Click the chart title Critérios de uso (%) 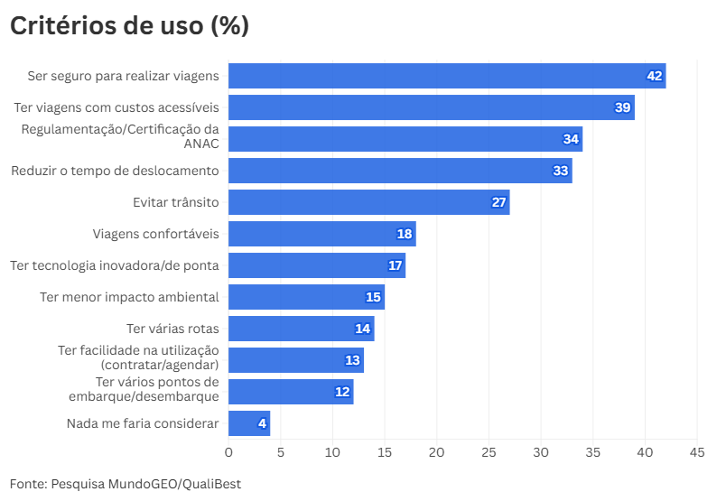pos(129,26)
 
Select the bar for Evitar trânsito pos(368,202)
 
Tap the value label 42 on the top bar pos(655,76)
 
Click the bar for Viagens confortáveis pos(321,234)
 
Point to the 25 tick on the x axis pos(489,450)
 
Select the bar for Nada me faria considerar pos(248,423)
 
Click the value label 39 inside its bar pos(622,107)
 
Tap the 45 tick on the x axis pos(697,450)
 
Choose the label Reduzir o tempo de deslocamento pos(115,171)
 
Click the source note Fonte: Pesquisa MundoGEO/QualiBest pos(126,484)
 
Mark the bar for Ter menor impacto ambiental pos(306,297)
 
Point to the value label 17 pos(395,265)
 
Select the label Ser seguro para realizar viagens pos(123,76)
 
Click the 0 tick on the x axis pos(228,450)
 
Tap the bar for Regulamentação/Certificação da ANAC pos(405,139)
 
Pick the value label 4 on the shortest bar pos(262,423)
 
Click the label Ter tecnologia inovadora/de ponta pos(115,265)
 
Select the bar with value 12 pos(291,392)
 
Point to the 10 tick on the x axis pos(332,450)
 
